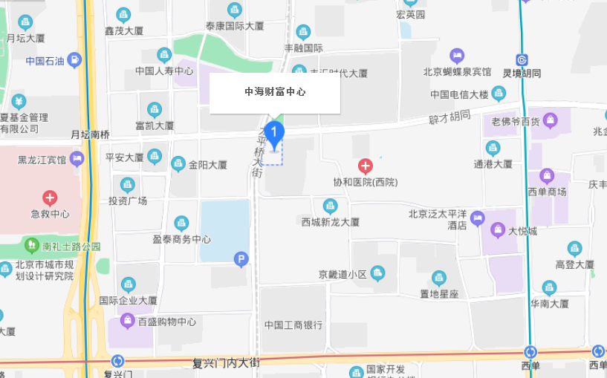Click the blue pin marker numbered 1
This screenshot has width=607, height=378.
click(x=275, y=134)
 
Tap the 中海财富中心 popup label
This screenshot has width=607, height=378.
click(x=275, y=93)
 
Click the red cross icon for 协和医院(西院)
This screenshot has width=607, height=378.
click(x=365, y=166)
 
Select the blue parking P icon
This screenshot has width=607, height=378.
click(x=240, y=259)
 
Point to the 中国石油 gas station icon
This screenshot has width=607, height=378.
click(x=74, y=60)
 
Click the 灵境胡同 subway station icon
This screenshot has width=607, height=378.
click(x=522, y=60)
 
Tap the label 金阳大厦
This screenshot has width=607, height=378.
click(x=208, y=165)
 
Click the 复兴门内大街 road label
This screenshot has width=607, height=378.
click(x=225, y=363)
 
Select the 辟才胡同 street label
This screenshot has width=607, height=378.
click(x=450, y=117)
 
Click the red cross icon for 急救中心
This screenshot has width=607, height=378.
click(x=50, y=198)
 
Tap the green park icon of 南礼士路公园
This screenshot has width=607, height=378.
click(x=31, y=244)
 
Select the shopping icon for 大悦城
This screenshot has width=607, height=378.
click(x=495, y=230)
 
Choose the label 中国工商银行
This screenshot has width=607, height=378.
click(x=293, y=325)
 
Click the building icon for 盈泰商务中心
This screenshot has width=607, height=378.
click(x=181, y=223)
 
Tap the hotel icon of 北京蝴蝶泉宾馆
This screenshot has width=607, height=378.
click(x=457, y=56)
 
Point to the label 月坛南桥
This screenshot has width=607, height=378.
click(x=90, y=134)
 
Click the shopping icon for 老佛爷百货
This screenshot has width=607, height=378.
click(x=550, y=120)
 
